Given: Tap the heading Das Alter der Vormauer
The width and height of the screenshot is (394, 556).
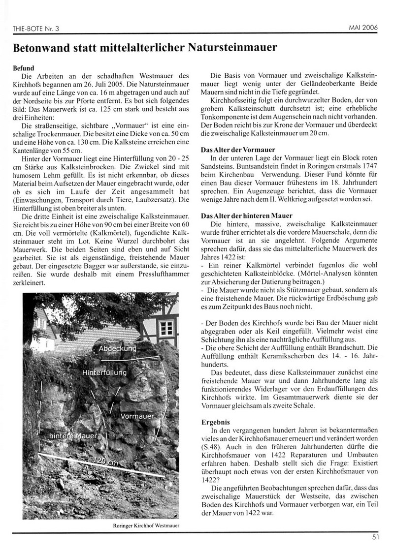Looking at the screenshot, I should (x=237, y=149).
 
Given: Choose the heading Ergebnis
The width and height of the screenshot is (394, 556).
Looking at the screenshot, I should (x=217, y=422).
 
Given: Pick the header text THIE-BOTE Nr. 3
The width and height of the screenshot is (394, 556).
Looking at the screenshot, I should (x=35, y=29).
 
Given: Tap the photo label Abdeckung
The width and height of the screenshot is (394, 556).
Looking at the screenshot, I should (x=117, y=348).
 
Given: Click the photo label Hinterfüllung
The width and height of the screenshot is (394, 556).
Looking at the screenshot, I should (x=104, y=372).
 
